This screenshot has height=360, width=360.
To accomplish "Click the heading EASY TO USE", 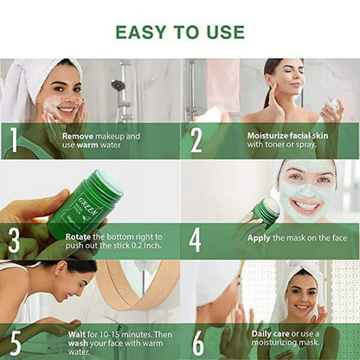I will pyautogui.click(x=180, y=32).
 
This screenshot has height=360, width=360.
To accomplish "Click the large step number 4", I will pyautogui.click(x=196, y=239).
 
